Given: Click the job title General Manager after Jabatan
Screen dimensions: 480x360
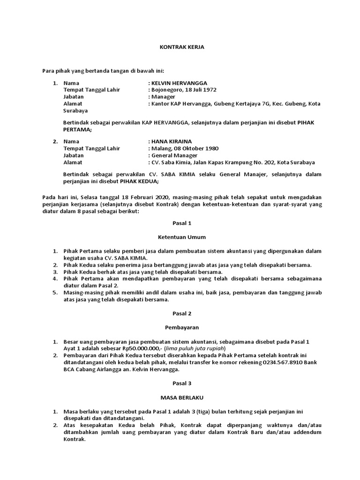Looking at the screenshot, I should [174, 156].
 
